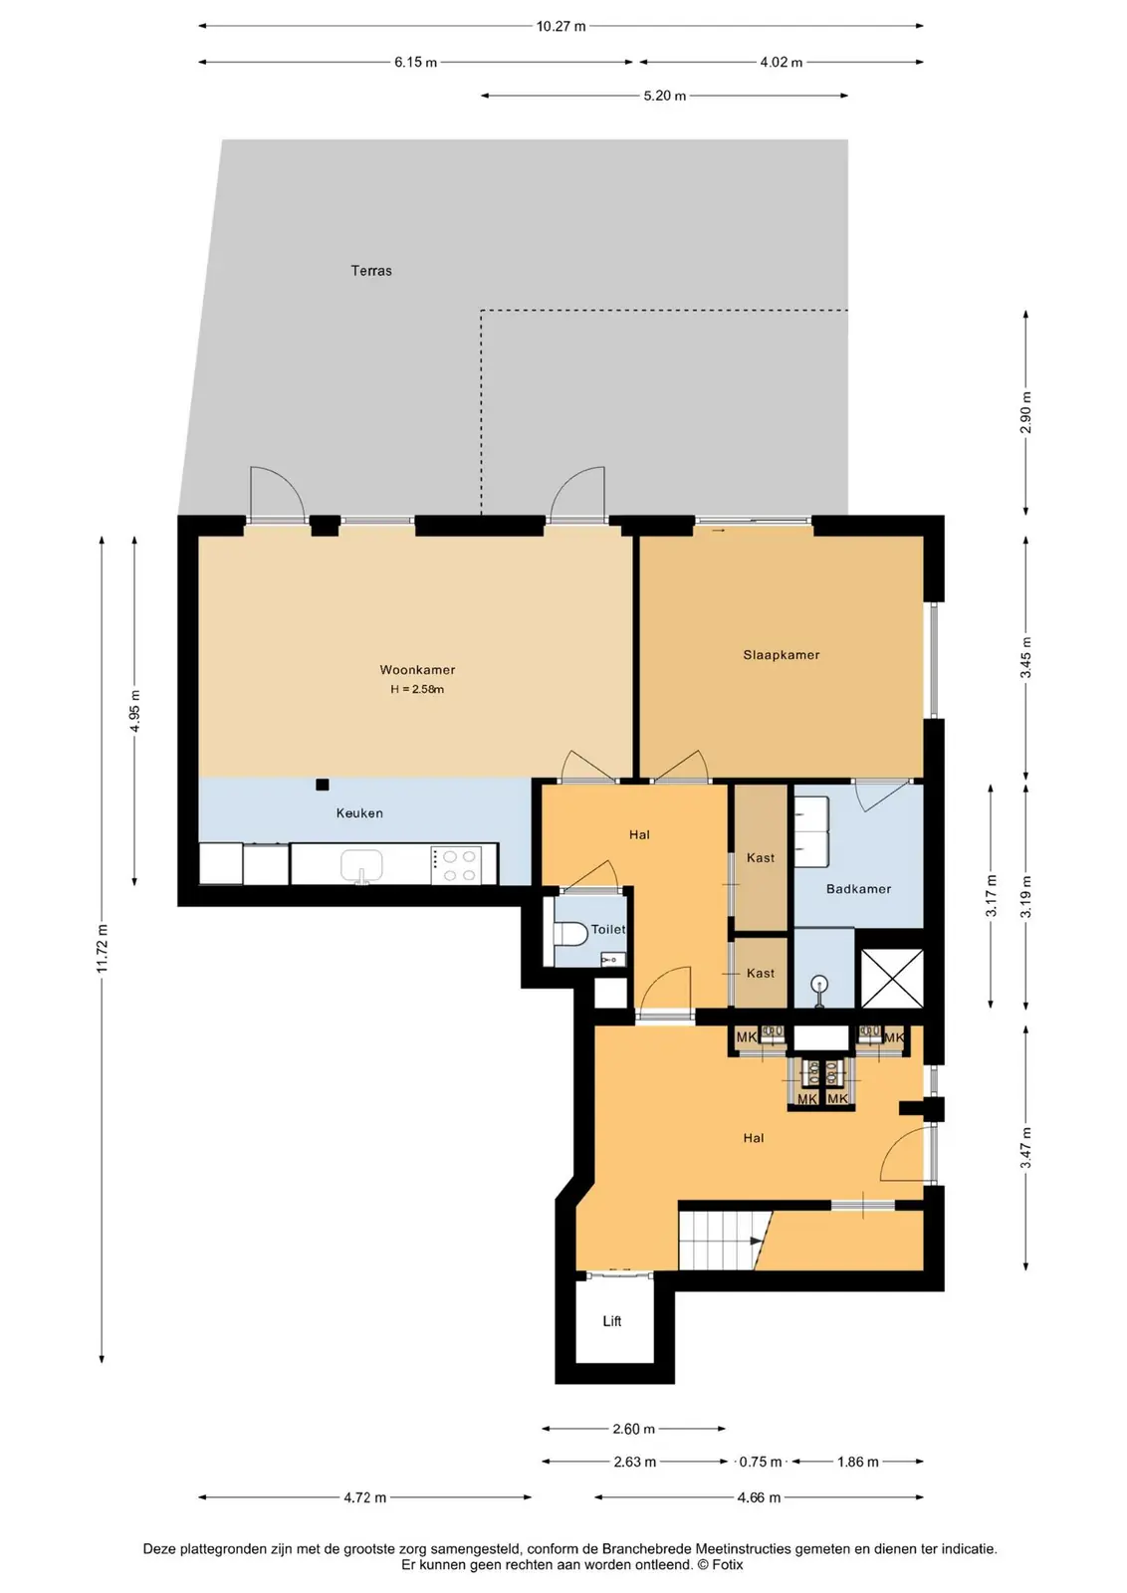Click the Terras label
coord(371,270)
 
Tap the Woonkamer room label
coord(417,669)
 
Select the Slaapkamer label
coord(782,654)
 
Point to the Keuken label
coord(359,812)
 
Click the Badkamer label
coord(858,888)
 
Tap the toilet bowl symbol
coord(570,933)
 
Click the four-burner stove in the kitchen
coord(456,864)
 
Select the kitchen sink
coord(361,865)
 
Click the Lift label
coord(612,1320)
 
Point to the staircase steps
coord(718,1241)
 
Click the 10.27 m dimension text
coord(562,26)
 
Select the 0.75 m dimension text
coord(760,1462)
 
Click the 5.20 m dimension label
coord(665,96)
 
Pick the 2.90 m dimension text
coord(1025,412)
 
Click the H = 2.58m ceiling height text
coord(417,688)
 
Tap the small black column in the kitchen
coord(323,785)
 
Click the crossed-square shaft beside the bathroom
coord(892,978)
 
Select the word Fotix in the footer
coord(728,1564)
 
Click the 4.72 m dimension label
coord(364,1497)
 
